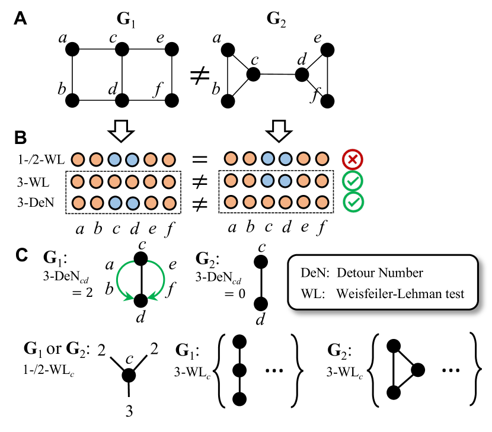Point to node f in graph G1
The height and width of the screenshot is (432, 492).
click(172, 100)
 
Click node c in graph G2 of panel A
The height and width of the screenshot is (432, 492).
click(254, 73)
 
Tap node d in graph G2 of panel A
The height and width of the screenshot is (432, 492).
click(302, 75)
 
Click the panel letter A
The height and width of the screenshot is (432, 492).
click(20, 19)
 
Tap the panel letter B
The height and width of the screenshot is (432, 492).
click(20, 138)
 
